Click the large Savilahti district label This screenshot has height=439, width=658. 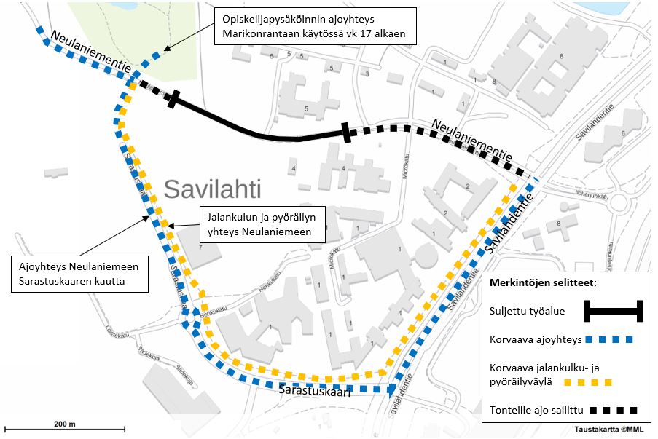(x=212, y=189)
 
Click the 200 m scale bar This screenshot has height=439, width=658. (x=65, y=429)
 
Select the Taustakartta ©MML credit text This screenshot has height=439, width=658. (x=611, y=429)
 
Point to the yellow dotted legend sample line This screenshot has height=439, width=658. (x=584, y=381)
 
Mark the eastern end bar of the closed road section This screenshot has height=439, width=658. (x=346, y=133)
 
